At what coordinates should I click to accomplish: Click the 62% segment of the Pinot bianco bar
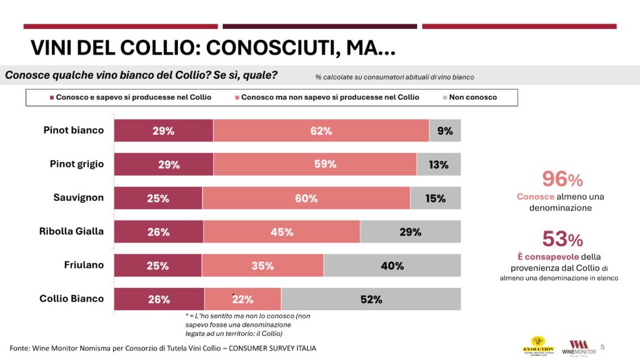321,131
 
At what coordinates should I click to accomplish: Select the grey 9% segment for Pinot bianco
445,131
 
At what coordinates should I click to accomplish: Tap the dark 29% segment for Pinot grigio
164,164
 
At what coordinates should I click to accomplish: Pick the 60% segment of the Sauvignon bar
306,198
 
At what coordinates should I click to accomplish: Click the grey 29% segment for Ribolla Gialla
410,232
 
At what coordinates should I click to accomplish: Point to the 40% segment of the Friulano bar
392,266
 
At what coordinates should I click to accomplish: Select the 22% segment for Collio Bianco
243,299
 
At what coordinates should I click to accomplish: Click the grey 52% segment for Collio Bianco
371,299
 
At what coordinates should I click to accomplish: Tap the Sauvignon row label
79,198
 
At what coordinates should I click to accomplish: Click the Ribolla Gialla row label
71,231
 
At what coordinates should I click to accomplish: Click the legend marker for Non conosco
445,98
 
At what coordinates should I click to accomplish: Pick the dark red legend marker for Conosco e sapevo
52,98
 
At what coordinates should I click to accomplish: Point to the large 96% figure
562,179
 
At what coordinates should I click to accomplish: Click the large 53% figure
562,239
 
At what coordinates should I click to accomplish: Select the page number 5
602,347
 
